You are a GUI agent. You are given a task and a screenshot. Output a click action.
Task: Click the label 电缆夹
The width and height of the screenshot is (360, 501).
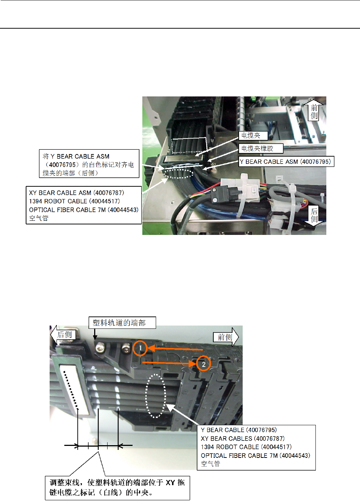[251, 136]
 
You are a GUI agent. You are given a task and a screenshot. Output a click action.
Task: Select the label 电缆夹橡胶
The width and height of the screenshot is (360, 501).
[257, 149]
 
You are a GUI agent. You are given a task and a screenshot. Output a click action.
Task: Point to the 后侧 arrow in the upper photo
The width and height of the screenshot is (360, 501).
[314, 215]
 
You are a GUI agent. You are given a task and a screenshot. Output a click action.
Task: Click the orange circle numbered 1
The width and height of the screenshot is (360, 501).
[140, 348]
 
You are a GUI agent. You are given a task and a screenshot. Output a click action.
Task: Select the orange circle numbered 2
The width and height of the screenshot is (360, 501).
[204, 364]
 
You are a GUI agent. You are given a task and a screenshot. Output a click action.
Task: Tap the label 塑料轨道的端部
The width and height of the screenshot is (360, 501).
[119, 323]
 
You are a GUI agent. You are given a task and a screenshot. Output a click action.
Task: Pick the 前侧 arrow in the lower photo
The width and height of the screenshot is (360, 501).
[226, 337]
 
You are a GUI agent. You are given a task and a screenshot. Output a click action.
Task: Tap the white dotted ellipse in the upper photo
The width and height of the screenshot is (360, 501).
[178, 174]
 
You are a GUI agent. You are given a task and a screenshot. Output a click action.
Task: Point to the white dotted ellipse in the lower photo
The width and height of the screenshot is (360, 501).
[156, 396]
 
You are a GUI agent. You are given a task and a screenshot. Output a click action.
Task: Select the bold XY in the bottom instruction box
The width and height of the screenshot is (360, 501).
[170, 483]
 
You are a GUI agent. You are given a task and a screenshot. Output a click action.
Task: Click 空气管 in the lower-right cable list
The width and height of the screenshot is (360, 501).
[210, 464]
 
